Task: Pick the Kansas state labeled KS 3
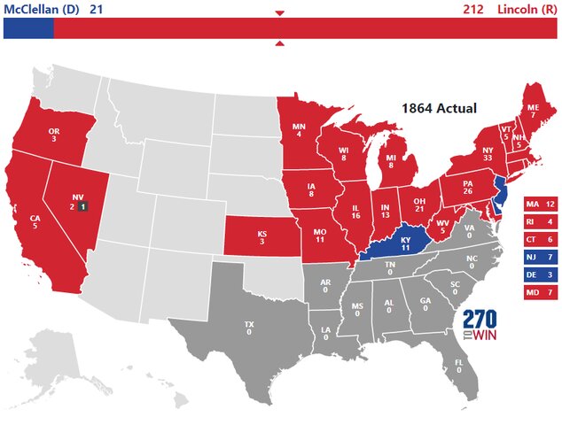tap(261, 237)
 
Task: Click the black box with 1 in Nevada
tap(82, 206)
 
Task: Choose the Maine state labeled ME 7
tap(532, 111)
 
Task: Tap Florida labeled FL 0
tap(458, 365)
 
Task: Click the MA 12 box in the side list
tap(540, 205)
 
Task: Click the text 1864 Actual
tap(439, 108)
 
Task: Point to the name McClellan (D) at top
tap(41, 10)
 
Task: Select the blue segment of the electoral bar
tap(28, 28)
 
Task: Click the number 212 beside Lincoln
tap(473, 10)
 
